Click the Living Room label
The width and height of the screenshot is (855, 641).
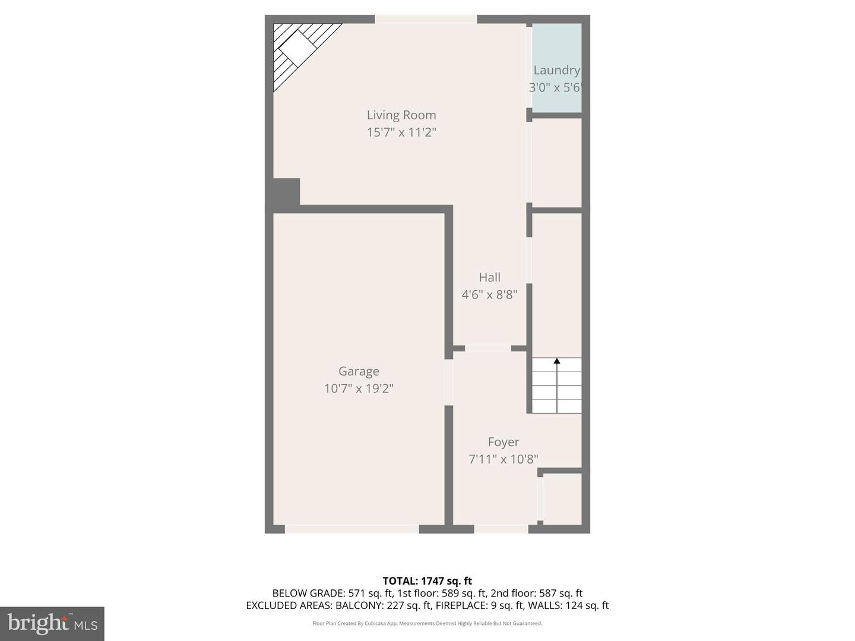401,115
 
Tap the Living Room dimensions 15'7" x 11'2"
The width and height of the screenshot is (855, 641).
401,132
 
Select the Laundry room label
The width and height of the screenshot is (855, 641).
556,70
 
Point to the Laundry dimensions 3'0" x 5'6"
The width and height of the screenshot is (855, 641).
555,88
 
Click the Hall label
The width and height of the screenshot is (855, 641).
490,277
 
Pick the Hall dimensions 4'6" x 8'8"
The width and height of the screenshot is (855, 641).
490,294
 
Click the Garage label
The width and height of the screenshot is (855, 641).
359,372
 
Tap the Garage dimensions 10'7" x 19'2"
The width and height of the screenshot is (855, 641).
359,389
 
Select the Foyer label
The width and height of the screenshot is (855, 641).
503,442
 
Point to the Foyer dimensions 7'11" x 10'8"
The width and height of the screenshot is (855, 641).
503,459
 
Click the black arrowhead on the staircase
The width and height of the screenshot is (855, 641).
557,361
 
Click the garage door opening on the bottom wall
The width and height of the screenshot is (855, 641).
352,529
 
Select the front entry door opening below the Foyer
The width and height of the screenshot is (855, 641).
501,529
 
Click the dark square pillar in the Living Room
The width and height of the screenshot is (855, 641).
286,192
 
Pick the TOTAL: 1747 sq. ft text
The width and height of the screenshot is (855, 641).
427,581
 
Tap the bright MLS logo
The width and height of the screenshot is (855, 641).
52,623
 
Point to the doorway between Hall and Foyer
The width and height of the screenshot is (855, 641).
488,348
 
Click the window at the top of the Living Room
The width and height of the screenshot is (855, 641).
426,20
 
